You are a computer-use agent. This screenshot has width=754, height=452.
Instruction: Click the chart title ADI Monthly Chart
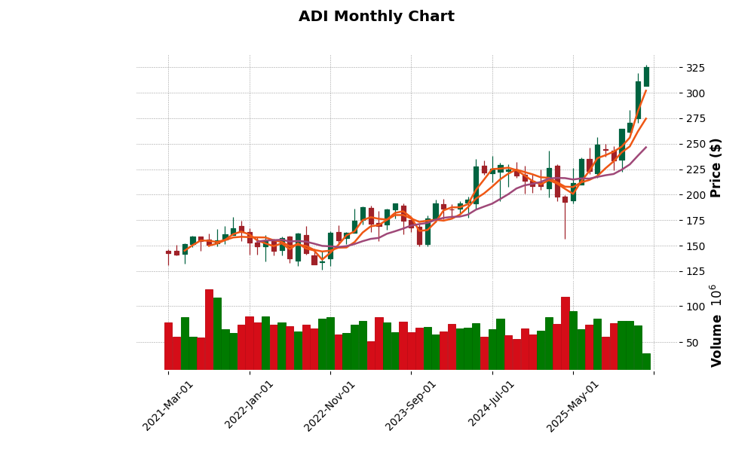pos(376,17)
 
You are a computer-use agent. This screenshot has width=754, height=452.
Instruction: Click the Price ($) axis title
pos(716,167)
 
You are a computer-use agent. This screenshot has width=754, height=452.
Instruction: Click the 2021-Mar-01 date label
pos(168,405)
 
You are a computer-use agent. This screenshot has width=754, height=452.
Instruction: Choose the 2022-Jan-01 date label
pos(250,405)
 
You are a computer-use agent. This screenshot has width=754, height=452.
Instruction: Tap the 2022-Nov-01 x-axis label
pos(329,405)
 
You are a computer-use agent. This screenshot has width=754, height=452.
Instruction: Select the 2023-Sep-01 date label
pos(411,405)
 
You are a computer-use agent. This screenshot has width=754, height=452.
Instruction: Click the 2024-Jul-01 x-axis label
pos(492,405)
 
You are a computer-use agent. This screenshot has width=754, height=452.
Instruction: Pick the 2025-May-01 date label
pos(573,405)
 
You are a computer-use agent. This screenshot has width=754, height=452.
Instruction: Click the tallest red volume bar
pos(209,330)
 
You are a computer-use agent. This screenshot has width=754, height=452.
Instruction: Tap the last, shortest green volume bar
pos(646,362)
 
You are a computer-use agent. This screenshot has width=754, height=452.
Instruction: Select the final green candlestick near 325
pos(646,77)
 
